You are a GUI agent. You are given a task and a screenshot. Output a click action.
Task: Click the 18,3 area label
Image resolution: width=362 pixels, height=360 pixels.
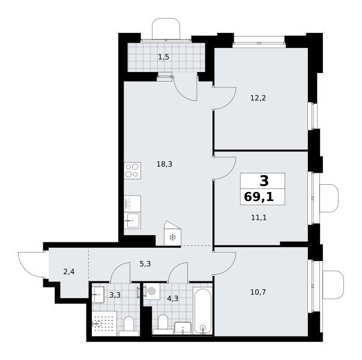164,164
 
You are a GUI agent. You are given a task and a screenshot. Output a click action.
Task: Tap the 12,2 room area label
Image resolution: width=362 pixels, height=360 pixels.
258,98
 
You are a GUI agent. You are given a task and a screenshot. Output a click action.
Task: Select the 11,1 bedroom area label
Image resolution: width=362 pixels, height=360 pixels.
259,217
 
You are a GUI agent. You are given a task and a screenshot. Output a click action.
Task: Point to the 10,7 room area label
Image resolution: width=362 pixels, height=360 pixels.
258,292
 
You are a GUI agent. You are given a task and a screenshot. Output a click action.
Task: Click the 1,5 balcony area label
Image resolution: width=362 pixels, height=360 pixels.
164,57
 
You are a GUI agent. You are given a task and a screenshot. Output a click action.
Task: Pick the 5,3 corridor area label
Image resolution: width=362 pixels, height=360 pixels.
145,263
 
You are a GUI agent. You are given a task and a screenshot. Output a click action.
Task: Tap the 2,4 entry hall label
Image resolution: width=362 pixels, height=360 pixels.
69,272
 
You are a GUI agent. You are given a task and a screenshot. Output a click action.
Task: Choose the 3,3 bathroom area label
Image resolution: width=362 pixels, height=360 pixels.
115,295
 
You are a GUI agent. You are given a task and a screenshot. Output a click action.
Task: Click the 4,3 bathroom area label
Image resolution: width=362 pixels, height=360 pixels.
173,299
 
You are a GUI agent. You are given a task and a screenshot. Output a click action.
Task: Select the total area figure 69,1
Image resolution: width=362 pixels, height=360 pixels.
259,197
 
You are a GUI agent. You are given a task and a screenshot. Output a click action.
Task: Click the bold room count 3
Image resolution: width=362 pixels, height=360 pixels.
264,181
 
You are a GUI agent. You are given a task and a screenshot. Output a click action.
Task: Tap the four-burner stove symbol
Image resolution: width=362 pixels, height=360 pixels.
132,171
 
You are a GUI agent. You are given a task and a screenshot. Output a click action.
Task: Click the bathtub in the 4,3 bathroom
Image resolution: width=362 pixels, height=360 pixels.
202,311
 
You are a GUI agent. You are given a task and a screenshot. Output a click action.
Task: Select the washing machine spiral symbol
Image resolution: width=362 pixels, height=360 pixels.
152,292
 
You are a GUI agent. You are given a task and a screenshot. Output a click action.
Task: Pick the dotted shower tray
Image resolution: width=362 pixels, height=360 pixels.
104,323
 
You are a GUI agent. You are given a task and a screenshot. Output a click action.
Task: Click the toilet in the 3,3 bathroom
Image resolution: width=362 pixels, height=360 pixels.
129,326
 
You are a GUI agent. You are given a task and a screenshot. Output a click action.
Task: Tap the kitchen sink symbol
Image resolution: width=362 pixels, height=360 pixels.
132,221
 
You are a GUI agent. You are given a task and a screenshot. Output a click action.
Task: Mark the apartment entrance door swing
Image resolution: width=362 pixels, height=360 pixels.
32,265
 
